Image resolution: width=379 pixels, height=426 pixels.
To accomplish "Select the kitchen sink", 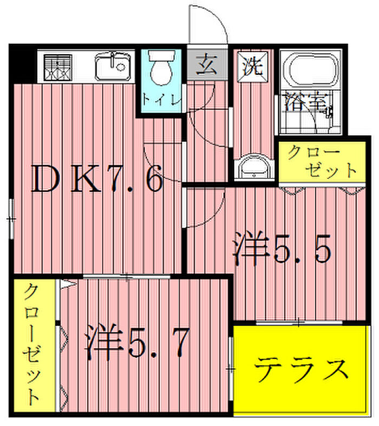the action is pos(112,67).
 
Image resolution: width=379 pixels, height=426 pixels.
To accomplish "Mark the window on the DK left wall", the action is pos(11,219).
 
